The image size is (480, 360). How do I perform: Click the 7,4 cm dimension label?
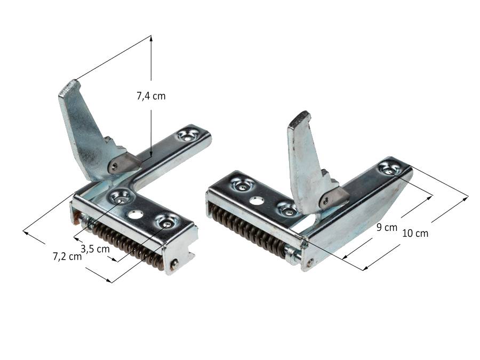(x=151, y=96)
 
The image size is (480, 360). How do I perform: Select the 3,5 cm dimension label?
(x=95, y=249)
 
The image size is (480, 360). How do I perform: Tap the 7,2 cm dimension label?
(x=67, y=256)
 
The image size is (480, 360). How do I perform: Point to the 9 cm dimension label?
(x=387, y=227)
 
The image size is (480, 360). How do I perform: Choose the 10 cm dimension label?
(x=415, y=233)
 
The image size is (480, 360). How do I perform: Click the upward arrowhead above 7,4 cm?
(x=151, y=38)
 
